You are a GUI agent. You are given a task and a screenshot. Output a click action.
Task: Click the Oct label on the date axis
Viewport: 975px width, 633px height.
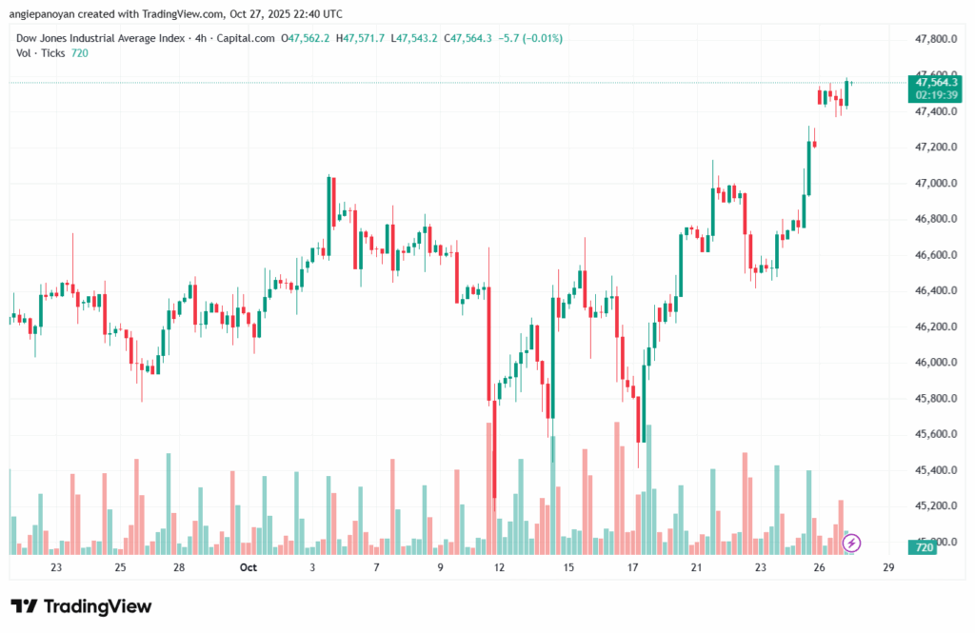[249, 567]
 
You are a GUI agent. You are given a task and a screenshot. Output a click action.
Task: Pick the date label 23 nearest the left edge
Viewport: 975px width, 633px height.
[56, 567]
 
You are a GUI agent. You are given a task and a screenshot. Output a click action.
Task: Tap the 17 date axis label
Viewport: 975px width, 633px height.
[632, 567]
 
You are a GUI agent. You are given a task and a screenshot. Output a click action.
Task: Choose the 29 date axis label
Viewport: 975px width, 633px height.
[888, 567]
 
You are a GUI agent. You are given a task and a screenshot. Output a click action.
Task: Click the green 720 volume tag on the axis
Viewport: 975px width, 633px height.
[922, 547]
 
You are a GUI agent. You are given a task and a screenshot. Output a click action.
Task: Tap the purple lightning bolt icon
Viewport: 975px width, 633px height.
[852, 543]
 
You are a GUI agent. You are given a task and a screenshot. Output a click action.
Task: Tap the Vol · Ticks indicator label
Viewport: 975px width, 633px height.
[41, 52]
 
